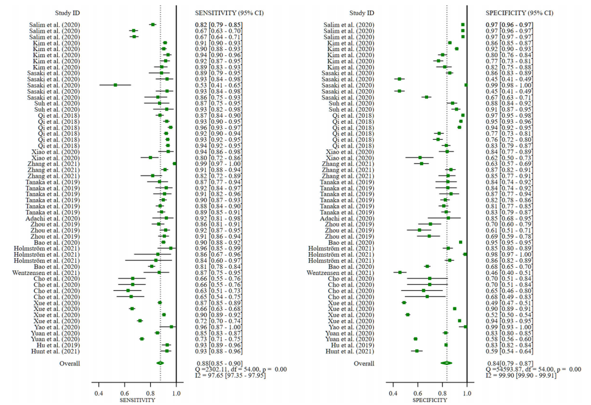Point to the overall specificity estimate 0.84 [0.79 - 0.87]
tap(499, 363)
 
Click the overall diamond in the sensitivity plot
tap(161, 363)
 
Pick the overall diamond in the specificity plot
tap(447, 363)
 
